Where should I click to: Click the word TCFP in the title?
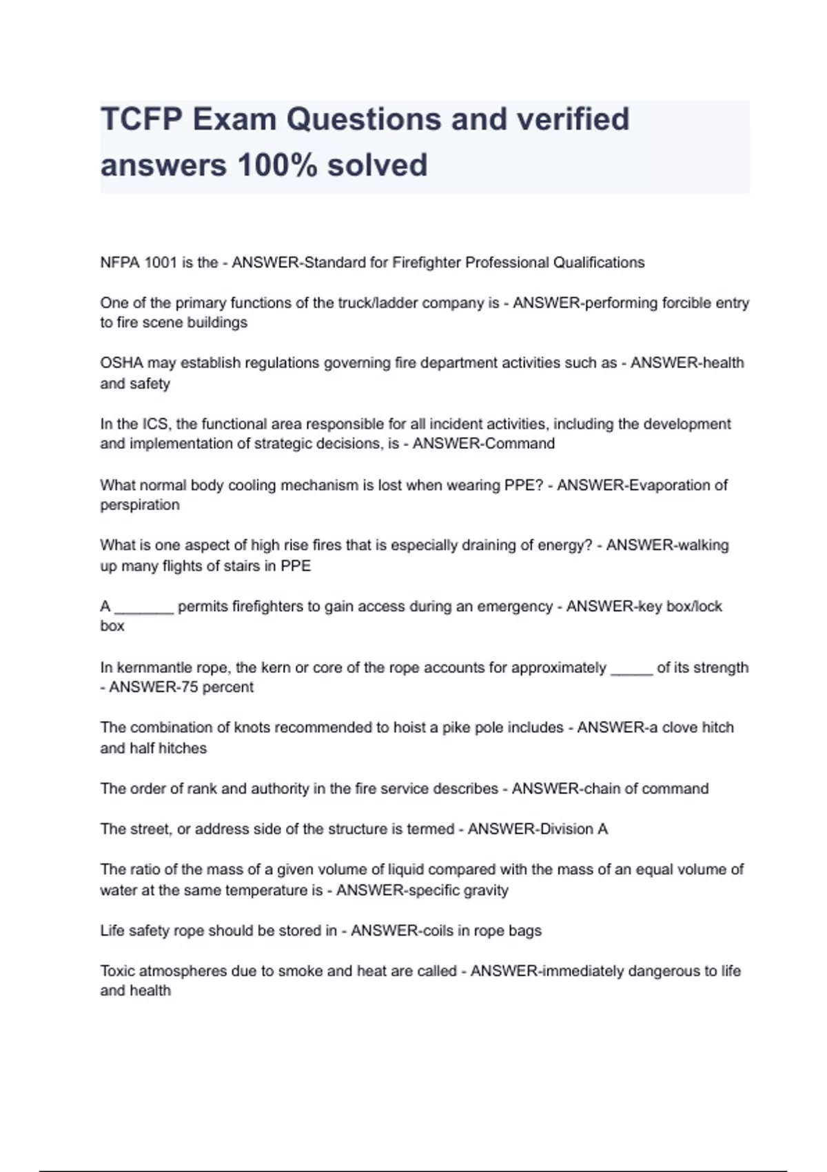[x=141, y=119]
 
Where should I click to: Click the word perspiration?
[x=140, y=505]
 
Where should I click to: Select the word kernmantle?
[x=156, y=667]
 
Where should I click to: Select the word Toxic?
[x=117, y=971]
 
